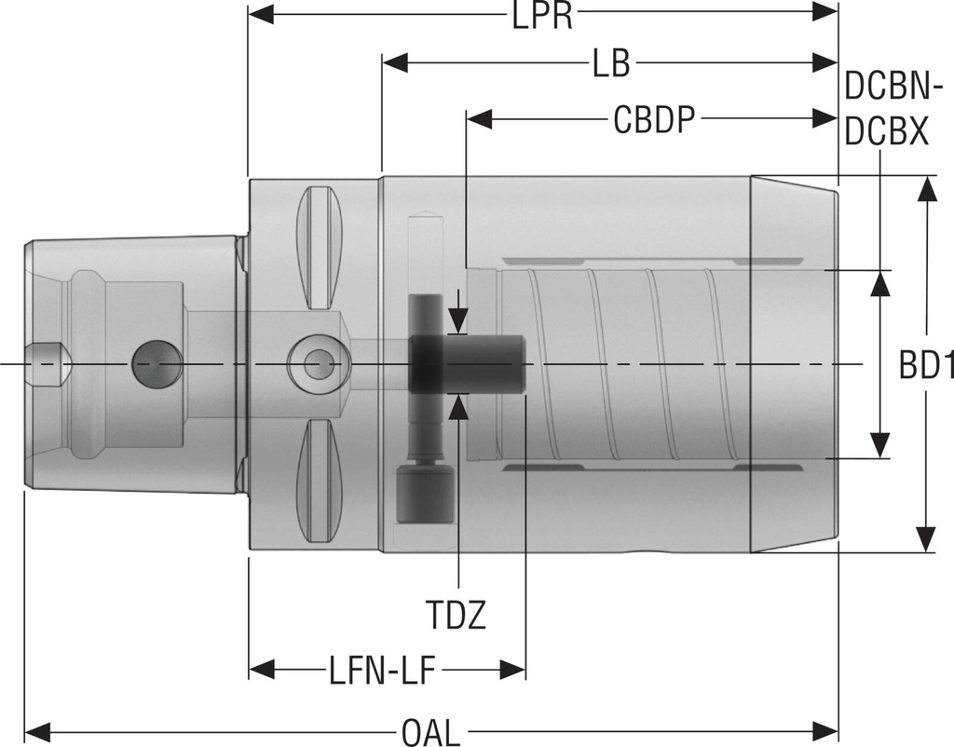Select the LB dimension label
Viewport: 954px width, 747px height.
coord(610,64)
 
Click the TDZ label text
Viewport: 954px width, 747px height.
coord(457,616)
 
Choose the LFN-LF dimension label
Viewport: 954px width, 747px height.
coord(383,670)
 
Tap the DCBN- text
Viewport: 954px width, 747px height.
coord(888,88)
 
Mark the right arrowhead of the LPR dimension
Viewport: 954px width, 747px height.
coord(825,13)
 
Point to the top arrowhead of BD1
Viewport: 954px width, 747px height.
coord(925,188)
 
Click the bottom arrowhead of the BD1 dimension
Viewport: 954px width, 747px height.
coord(925,539)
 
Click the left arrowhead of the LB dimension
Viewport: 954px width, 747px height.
coord(396,63)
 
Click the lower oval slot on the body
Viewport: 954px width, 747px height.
coord(319,479)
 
